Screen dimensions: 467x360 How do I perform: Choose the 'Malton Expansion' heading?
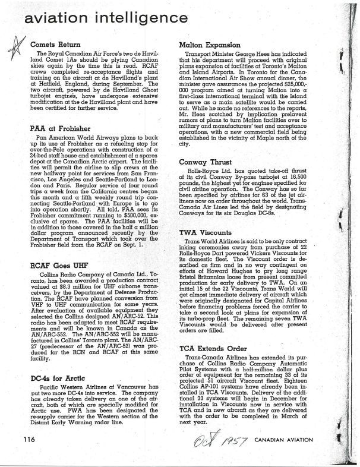(x=210, y=45)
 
